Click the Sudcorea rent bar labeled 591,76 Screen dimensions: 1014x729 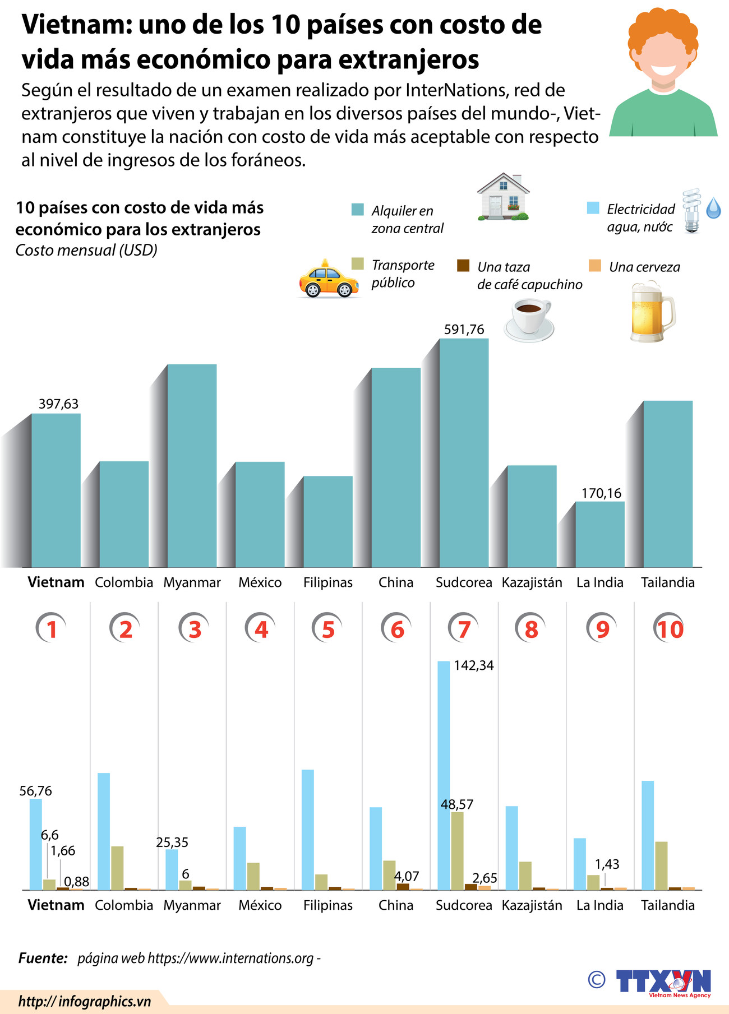(x=464, y=453)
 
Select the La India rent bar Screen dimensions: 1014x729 (x=600, y=534)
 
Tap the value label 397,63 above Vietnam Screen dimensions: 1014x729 (x=58, y=404)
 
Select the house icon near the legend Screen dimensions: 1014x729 (x=503, y=197)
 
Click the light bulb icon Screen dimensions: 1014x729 (x=692, y=211)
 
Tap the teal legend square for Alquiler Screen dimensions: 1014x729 (x=357, y=210)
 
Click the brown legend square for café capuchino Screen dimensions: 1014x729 (x=463, y=266)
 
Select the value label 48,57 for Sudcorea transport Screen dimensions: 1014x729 (x=457, y=804)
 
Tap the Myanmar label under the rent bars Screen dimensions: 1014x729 (x=192, y=582)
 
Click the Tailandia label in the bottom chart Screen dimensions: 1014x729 (x=667, y=905)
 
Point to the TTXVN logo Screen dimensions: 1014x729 (x=663, y=983)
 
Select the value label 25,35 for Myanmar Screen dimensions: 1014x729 (x=172, y=842)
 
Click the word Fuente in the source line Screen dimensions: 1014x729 (x=43, y=958)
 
